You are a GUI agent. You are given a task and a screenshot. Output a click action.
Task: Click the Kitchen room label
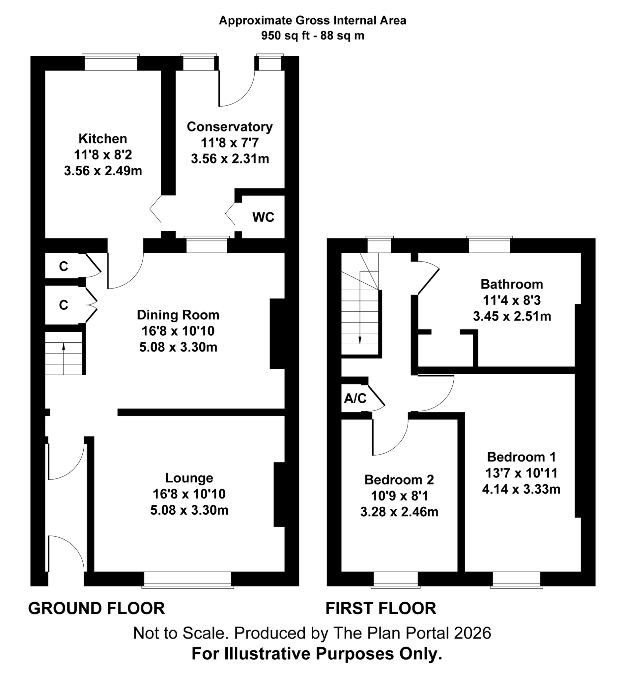tap(103, 139)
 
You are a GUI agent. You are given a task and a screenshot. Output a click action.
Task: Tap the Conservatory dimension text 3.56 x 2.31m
tap(230, 158)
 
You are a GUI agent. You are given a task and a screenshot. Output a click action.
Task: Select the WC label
tap(263, 217)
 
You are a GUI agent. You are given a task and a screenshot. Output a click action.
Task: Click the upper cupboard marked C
tap(63, 267)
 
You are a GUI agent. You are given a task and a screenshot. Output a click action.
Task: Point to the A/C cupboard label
tap(355, 399)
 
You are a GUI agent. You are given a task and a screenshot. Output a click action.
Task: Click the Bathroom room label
tap(511, 284)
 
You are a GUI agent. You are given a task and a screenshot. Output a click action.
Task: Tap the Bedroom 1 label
tap(521, 457)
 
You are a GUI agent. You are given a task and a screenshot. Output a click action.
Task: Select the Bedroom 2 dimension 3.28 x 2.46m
tap(399, 512)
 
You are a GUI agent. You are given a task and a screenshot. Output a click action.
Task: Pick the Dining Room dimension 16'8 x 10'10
tap(178, 331)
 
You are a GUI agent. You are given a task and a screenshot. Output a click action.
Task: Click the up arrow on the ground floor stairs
tap(64, 347)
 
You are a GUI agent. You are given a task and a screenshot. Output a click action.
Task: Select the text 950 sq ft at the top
tap(285, 36)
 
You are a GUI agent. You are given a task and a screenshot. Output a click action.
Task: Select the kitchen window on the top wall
tap(111, 63)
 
